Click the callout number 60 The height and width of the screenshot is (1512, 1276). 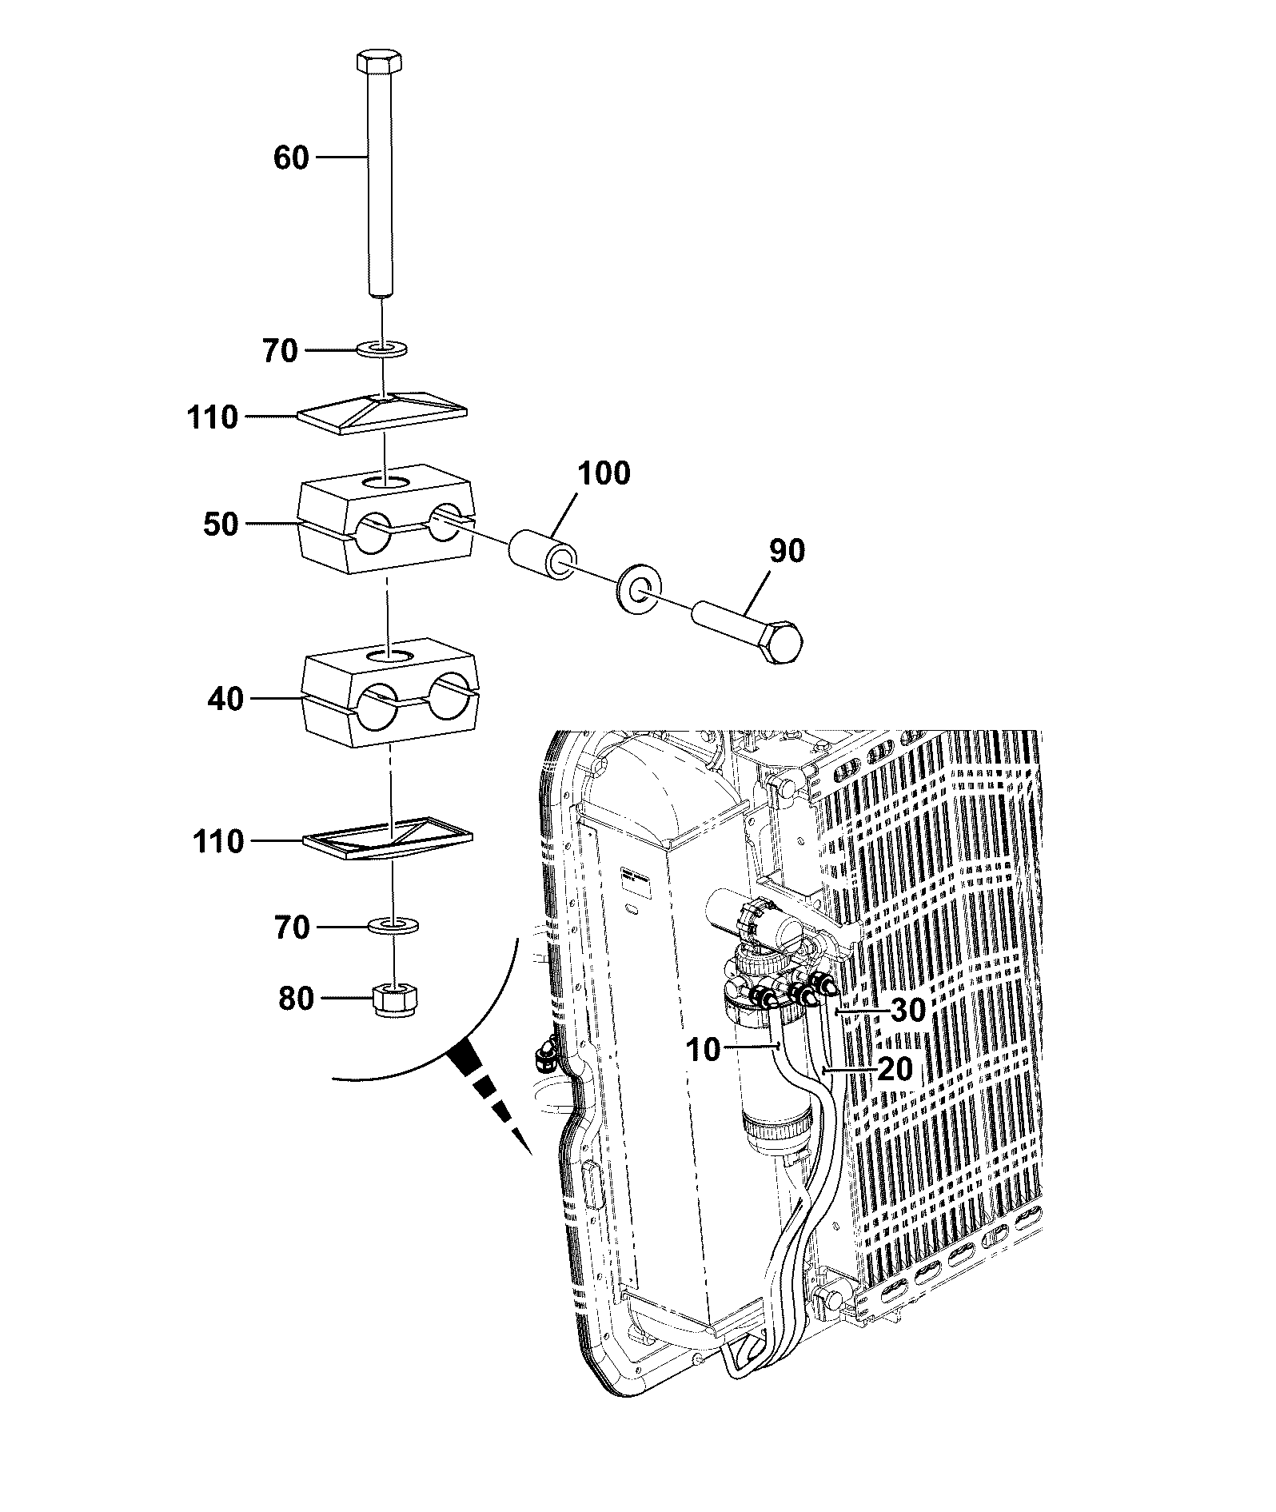click(291, 158)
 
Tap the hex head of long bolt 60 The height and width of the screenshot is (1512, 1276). click(379, 61)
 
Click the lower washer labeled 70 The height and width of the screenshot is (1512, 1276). click(394, 927)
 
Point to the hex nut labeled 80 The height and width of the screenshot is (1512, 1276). click(394, 1000)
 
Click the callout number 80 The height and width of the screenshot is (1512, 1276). click(297, 998)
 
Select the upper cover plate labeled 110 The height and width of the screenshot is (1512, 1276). click(383, 413)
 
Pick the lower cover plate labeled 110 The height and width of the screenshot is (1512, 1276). click(389, 839)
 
